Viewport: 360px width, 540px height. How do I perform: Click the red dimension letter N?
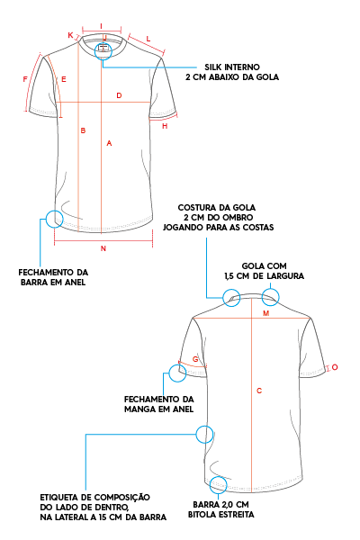(x=103, y=248)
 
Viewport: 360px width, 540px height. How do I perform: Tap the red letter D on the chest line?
(x=119, y=95)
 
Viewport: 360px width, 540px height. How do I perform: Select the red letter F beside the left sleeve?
(x=25, y=79)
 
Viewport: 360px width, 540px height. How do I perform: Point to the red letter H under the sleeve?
(x=165, y=126)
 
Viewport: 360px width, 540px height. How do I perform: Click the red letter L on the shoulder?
(x=148, y=39)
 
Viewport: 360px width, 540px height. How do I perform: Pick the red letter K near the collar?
(x=70, y=35)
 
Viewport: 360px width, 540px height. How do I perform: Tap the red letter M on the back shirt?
(x=266, y=313)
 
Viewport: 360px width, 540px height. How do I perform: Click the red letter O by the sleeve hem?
(x=335, y=367)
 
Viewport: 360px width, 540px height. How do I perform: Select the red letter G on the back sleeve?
(x=195, y=359)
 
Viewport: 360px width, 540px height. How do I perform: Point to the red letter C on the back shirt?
(x=259, y=391)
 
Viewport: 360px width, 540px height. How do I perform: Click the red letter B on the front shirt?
(x=83, y=130)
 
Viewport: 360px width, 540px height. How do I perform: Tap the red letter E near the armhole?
(x=64, y=79)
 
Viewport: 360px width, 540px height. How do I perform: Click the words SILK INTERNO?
(x=232, y=67)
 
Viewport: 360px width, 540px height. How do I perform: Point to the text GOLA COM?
(x=265, y=265)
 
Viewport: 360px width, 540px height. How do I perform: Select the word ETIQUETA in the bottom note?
(x=58, y=498)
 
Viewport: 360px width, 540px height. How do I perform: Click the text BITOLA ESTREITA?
(x=221, y=515)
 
